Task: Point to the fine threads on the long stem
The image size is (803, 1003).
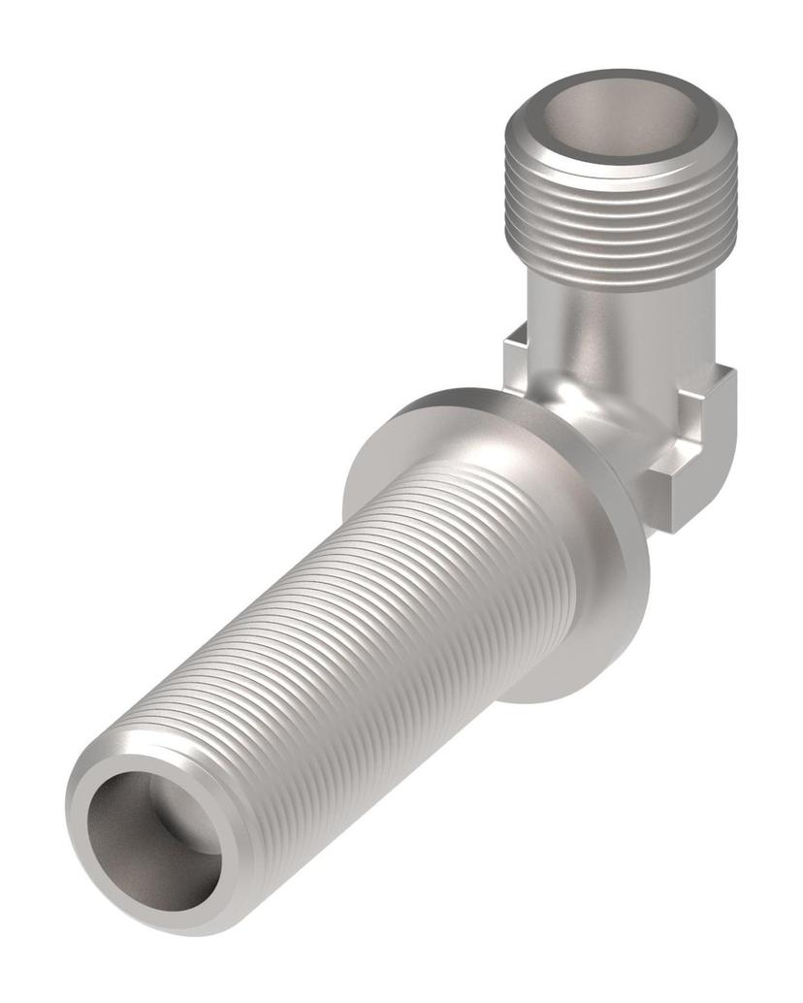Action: [x=388, y=621]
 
